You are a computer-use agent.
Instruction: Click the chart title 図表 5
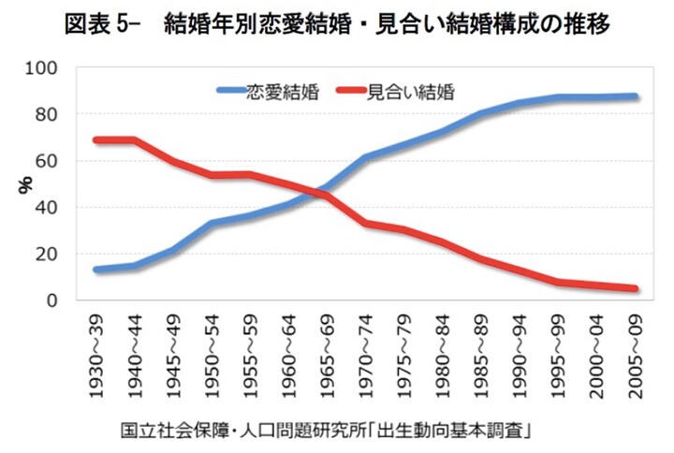(x=338, y=25)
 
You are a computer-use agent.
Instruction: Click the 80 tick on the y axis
(x=48, y=114)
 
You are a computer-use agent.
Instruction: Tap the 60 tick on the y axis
(x=48, y=161)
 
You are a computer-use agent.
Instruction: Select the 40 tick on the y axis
(x=48, y=207)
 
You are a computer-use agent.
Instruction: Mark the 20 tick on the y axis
(x=48, y=254)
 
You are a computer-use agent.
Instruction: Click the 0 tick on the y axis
(x=52, y=300)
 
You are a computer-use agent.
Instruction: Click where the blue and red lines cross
(x=320, y=192)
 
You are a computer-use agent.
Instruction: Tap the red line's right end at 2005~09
(x=635, y=289)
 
